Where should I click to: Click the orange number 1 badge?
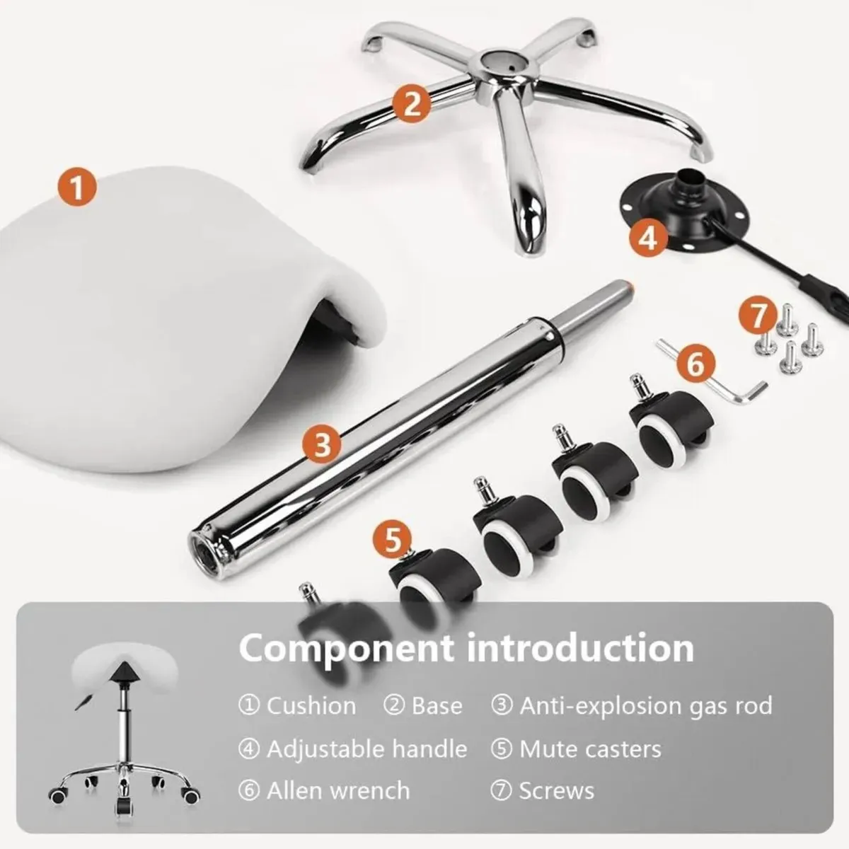click(x=77, y=188)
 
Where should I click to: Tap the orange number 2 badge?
click(x=412, y=103)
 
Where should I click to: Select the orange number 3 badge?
click(x=323, y=444)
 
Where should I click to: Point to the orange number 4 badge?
click(x=647, y=239)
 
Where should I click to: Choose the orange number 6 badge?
click(x=695, y=364)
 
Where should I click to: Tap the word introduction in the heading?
click(x=580, y=647)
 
